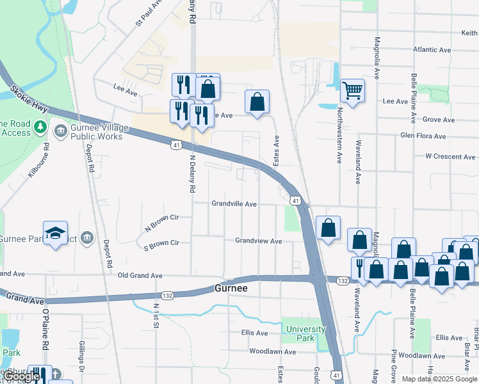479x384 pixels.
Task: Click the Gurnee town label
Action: (x=231, y=289)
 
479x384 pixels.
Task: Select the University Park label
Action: (x=305, y=333)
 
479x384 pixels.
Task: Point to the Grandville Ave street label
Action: (x=234, y=204)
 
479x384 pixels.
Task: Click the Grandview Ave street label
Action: (x=258, y=241)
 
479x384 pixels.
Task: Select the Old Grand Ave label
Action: (x=140, y=275)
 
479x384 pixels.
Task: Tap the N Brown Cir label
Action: (x=160, y=222)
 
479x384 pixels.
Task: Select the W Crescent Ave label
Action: (x=451, y=156)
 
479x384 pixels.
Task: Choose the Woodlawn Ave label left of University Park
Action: (x=272, y=351)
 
